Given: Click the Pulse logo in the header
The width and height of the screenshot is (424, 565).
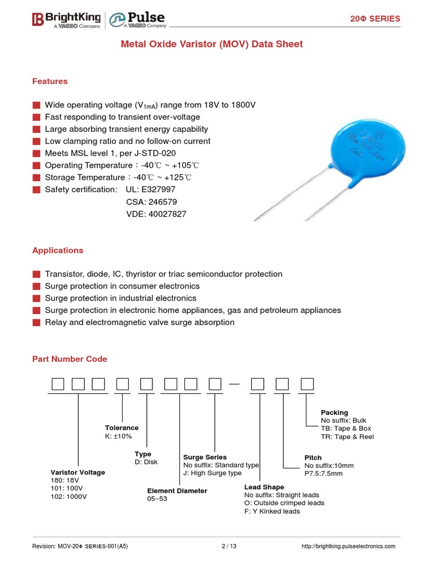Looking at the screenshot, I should click(x=136, y=20).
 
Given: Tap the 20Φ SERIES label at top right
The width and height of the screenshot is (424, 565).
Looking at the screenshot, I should click(x=375, y=19).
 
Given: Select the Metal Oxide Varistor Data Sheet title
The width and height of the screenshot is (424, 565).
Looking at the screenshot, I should click(x=212, y=44).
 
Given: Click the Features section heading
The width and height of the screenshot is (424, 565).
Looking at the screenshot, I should click(x=50, y=81).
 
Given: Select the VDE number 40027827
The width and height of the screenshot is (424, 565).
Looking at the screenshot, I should click(x=156, y=214).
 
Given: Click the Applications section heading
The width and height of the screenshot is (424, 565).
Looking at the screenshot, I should click(x=57, y=250).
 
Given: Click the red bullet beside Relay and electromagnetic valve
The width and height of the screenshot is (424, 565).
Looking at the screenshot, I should click(x=36, y=323).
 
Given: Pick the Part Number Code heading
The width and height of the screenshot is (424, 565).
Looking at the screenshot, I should click(x=70, y=359).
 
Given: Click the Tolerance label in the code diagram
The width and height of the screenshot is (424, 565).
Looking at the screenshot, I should click(x=121, y=428).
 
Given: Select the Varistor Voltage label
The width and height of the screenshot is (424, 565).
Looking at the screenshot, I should click(x=77, y=472).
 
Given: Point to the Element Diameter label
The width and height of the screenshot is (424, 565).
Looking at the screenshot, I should click(x=177, y=491).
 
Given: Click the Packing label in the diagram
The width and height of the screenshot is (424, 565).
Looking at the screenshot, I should click(x=334, y=412).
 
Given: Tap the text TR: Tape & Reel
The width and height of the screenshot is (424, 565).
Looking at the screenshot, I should click(x=347, y=436).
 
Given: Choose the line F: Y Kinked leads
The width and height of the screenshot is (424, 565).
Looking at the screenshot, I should click(x=272, y=511).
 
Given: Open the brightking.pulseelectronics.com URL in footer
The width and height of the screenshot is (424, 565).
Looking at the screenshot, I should click(x=348, y=546).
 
